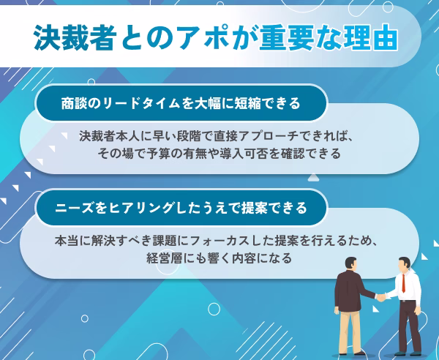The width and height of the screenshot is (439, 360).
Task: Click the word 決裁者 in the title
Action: point(75,37)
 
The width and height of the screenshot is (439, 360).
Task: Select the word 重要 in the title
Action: point(286,37)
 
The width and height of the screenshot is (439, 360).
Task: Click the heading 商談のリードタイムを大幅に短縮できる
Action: point(181,104)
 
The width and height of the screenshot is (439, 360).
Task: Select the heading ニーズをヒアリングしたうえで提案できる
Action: point(181,208)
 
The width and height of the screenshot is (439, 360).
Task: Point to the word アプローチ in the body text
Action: point(269,136)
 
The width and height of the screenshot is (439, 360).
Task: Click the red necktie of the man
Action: point(403,283)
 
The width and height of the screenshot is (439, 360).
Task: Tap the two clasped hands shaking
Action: point(380,297)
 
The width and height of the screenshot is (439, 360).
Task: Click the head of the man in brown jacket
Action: point(350,264)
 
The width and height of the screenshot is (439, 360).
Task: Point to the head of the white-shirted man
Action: point(405,264)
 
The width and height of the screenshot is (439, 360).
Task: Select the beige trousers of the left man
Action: point(348,331)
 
